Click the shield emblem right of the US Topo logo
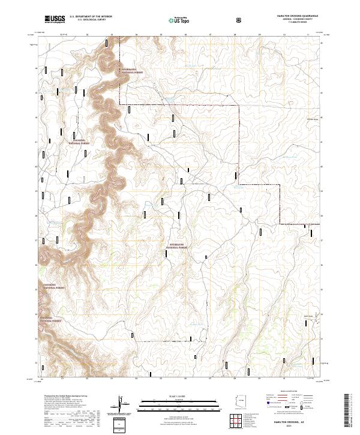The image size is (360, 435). tap(239, 20)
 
